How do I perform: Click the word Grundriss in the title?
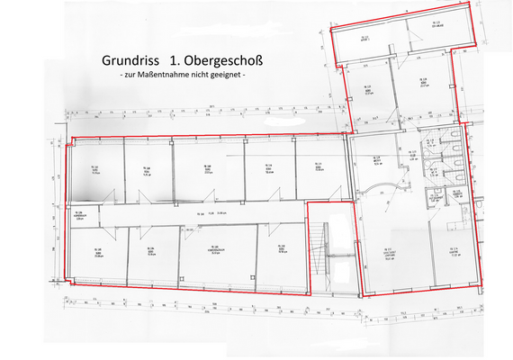[125, 61]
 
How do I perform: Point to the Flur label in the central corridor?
[205, 213]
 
